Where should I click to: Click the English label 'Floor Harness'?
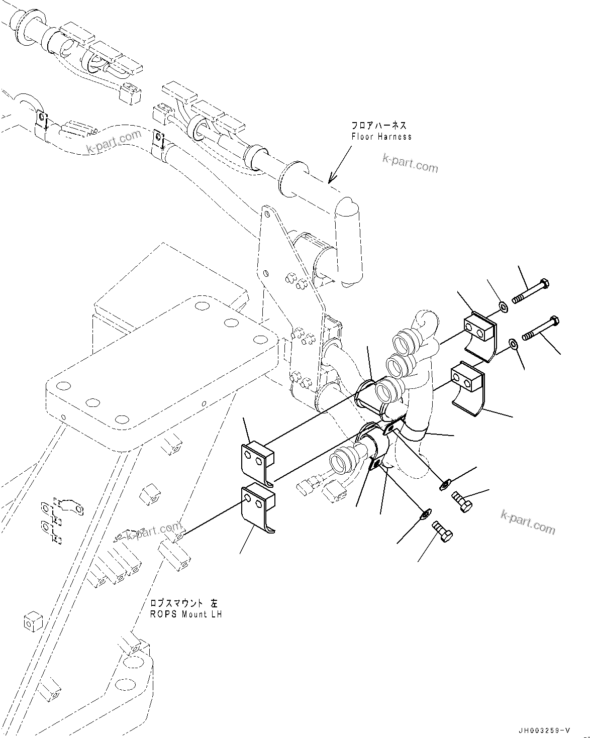(x=381, y=137)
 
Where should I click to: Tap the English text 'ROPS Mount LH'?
(x=186, y=614)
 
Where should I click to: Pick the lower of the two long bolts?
(x=542, y=329)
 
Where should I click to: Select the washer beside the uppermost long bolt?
(x=503, y=306)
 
